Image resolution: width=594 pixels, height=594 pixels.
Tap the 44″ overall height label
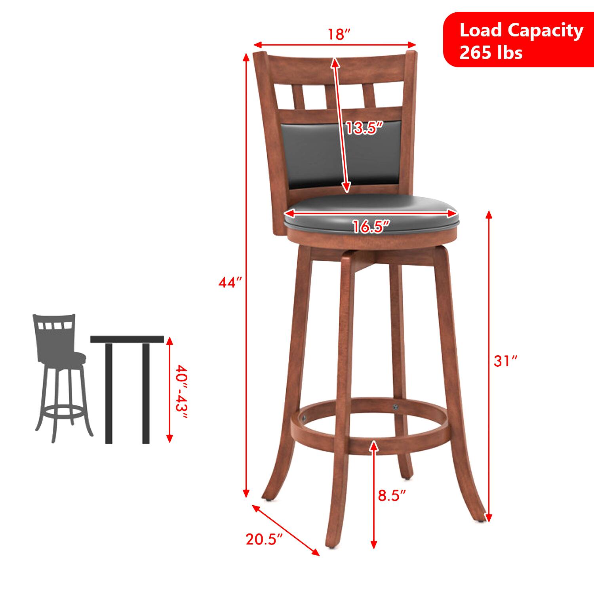coord(230,283)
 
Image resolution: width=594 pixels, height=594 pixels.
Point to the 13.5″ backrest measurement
coord(364,128)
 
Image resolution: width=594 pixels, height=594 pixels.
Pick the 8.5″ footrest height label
coord(392,495)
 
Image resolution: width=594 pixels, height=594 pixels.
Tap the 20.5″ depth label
coord(264,539)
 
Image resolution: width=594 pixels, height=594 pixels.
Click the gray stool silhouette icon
coord(59,376)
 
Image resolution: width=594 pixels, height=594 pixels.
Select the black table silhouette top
coord(127,339)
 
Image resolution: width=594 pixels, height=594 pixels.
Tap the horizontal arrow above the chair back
coord(335,44)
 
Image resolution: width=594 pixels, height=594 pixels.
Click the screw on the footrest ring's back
coord(394,407)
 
